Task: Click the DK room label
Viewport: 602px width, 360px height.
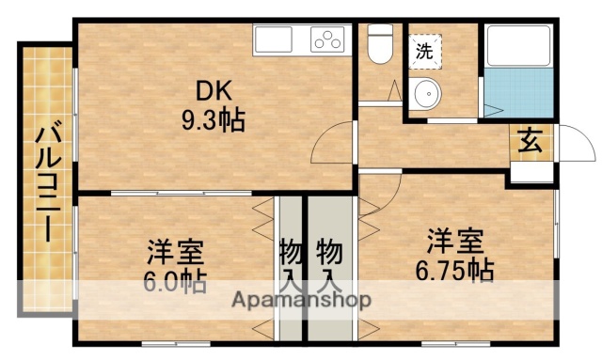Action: (213, 92)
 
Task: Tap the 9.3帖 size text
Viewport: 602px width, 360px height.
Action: (214, 121)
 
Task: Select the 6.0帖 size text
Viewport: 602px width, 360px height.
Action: (176, 281)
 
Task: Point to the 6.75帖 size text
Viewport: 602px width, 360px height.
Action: (455, 270)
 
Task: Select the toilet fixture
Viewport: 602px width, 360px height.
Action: (379, 45)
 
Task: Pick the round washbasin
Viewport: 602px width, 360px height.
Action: (428, 96)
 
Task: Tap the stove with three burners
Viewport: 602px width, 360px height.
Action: (329, 41)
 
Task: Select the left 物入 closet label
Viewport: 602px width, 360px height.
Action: (290, 264)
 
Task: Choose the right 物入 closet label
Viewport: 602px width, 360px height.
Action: (327, 264)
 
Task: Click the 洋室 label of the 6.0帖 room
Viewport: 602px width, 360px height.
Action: (175, 252)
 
